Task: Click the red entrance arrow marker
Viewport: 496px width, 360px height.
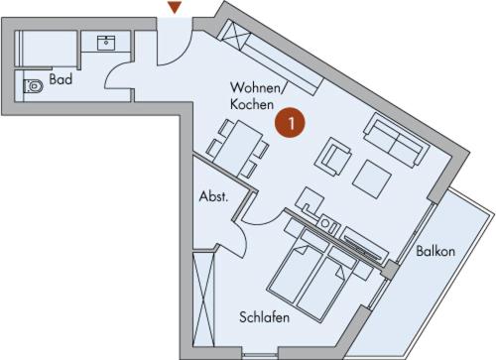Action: click(x=175, y=8)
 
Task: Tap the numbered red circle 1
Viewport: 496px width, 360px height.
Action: click(x=291, y=123)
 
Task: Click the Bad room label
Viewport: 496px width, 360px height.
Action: click(x=61, y=79)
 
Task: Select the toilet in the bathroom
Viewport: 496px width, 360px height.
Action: click(x=34, y=86)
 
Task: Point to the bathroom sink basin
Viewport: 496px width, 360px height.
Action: click(x=106, y=43)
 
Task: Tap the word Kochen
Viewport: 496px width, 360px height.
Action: click(x=252, y=104)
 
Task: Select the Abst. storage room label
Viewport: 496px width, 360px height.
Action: click(x=213, y=196)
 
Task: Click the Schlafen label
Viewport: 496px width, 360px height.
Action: click(x=264, y=317)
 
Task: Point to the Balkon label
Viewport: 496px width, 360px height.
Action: click(x=435, y=251)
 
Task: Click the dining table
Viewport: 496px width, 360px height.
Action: click(x=237, y=149)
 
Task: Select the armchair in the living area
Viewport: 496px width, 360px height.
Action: click(x=333, y=156)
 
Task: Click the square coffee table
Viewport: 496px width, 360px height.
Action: click(x=373, y=180)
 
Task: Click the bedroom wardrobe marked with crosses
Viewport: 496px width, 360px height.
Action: click(x=203, y=300)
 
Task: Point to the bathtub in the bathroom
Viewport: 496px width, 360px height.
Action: click(x=46, y=49)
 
